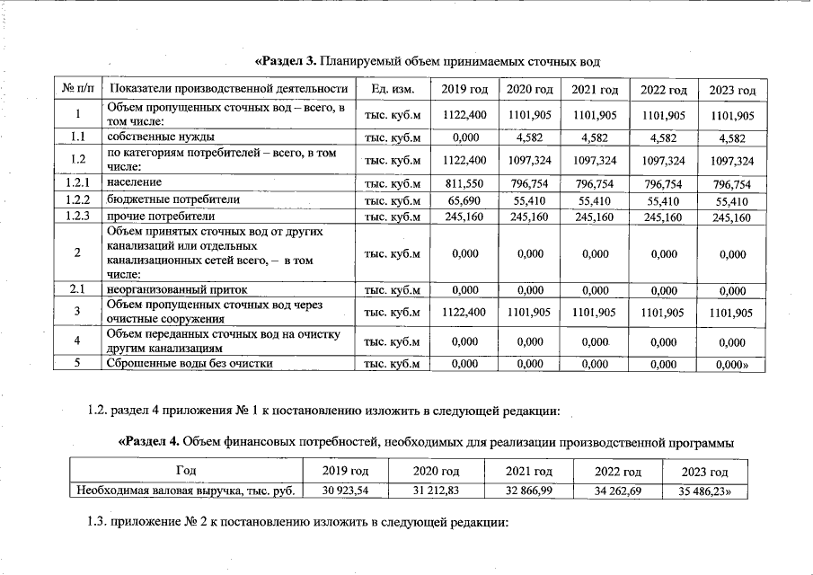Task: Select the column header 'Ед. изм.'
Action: click(x=393, y=89)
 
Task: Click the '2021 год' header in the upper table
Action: click(x=595, y=90)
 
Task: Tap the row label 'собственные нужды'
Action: click(x=161, y=137)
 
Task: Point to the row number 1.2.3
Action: click(x=79, y=217)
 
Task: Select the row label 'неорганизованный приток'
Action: click(x=177, y=289)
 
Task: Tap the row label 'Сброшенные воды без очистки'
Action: click(x=190, y=364)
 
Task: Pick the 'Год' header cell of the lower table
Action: click(x=186, y=471)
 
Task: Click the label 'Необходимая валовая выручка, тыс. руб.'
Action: click(x=186, y=491)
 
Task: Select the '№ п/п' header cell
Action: click(x=79, y=89)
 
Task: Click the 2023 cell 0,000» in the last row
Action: click(x=733, y=365)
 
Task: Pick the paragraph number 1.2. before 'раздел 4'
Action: click(x=97, y=411)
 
